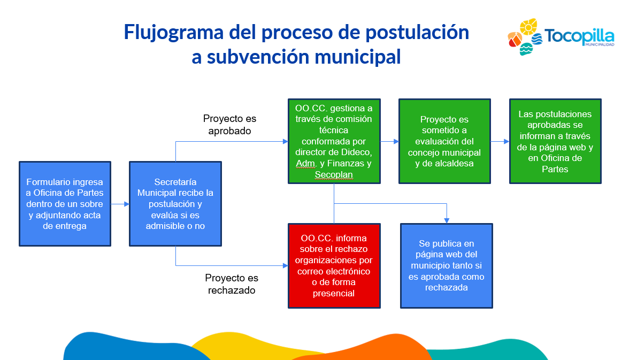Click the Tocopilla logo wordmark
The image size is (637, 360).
pos(579,37)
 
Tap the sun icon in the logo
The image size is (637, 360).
pos(528,27)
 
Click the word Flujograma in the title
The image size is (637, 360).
pos(173,33)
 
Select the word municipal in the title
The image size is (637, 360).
pos(357,57)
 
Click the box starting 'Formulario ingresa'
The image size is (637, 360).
pos(65,204)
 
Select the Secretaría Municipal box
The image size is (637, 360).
pos(175,204)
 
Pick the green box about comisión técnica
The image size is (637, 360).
pos(334,141)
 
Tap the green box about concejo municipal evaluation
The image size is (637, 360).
pos(444,141)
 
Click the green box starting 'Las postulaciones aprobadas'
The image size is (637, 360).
pos(555,141)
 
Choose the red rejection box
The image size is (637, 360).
pos(334,266)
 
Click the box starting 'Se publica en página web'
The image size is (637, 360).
pos(447,266)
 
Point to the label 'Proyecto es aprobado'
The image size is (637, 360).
pos(229,125)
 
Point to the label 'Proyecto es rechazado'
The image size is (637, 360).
pos(232,284)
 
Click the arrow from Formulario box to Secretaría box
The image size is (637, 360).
pos(120,204)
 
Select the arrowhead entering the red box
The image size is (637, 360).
pos(285,266)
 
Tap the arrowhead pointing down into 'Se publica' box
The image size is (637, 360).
pos(447,220)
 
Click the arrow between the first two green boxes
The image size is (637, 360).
pos(389,141)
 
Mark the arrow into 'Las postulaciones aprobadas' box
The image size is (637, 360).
pos(500,141)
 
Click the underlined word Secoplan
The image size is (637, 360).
pos(334,175)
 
